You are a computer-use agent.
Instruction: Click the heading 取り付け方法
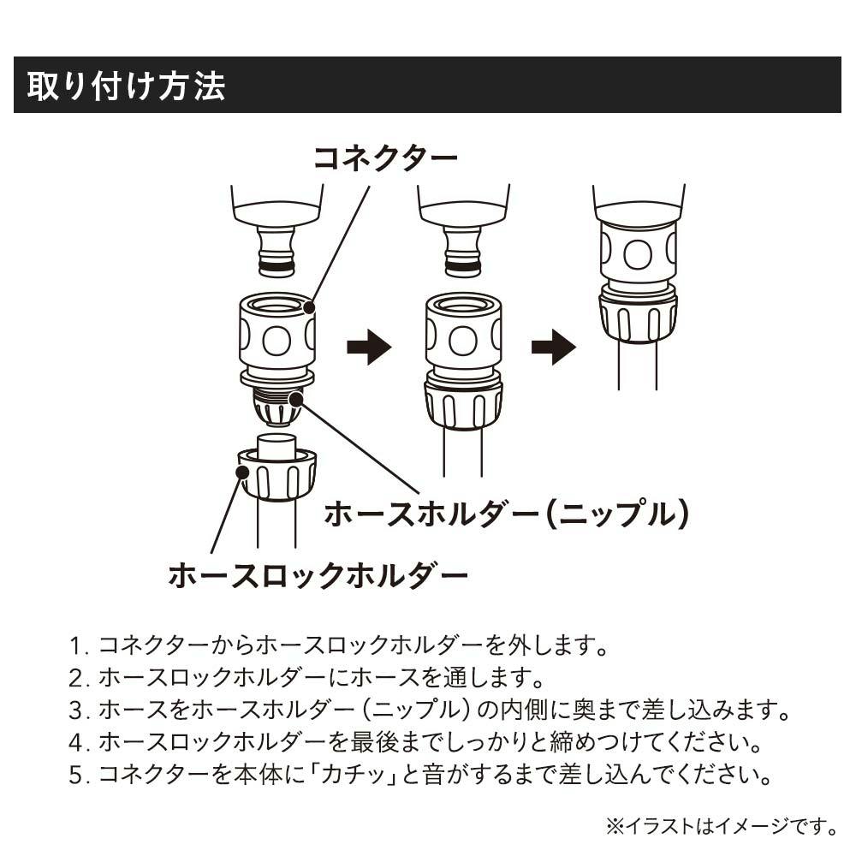coord(126,86)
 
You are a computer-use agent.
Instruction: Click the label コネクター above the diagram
coord(385,158)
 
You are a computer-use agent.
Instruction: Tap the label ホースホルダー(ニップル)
coord(506,514)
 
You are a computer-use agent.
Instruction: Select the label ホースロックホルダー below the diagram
coord(318,575)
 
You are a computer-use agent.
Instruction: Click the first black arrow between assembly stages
coord(369,348)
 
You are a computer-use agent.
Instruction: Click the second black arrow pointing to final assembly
coord(554,348)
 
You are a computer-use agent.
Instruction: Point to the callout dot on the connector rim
coord(310,307)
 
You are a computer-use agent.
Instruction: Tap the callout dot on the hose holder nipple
coord(296,400)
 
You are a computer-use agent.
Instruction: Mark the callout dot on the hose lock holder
coord(243,471)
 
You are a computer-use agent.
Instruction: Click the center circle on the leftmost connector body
coord(276,341)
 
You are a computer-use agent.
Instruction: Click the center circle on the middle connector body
coord(463,341)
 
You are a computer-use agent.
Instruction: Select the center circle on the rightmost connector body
coord(638,254)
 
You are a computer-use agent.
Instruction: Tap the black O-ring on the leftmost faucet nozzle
coord(276,268)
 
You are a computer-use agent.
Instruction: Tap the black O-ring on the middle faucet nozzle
coord(463,268)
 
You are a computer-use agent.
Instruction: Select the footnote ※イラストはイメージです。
coord(722,827)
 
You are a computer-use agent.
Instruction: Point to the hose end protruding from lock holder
coord(276,446)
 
